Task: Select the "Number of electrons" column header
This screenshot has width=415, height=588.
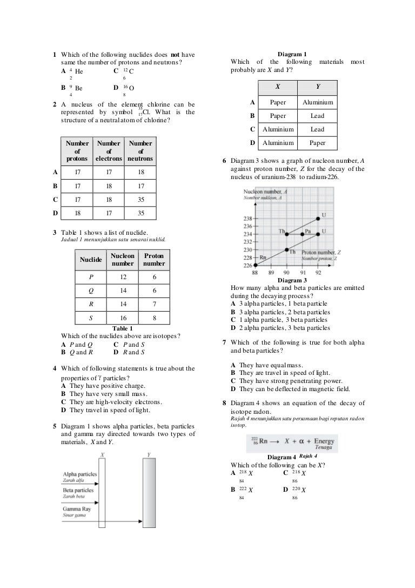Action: coord(109,151)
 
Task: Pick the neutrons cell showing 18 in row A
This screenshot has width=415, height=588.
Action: coord(140,173)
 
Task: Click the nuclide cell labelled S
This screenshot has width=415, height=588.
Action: coord(91,318)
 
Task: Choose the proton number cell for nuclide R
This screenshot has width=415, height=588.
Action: coord(155,304)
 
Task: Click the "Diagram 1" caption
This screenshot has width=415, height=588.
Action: coord(292,54)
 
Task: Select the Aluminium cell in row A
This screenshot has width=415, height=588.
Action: coord(317,102)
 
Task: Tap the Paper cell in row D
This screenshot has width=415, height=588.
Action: coord(317,143)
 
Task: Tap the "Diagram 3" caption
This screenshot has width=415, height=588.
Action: coord(292,280)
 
